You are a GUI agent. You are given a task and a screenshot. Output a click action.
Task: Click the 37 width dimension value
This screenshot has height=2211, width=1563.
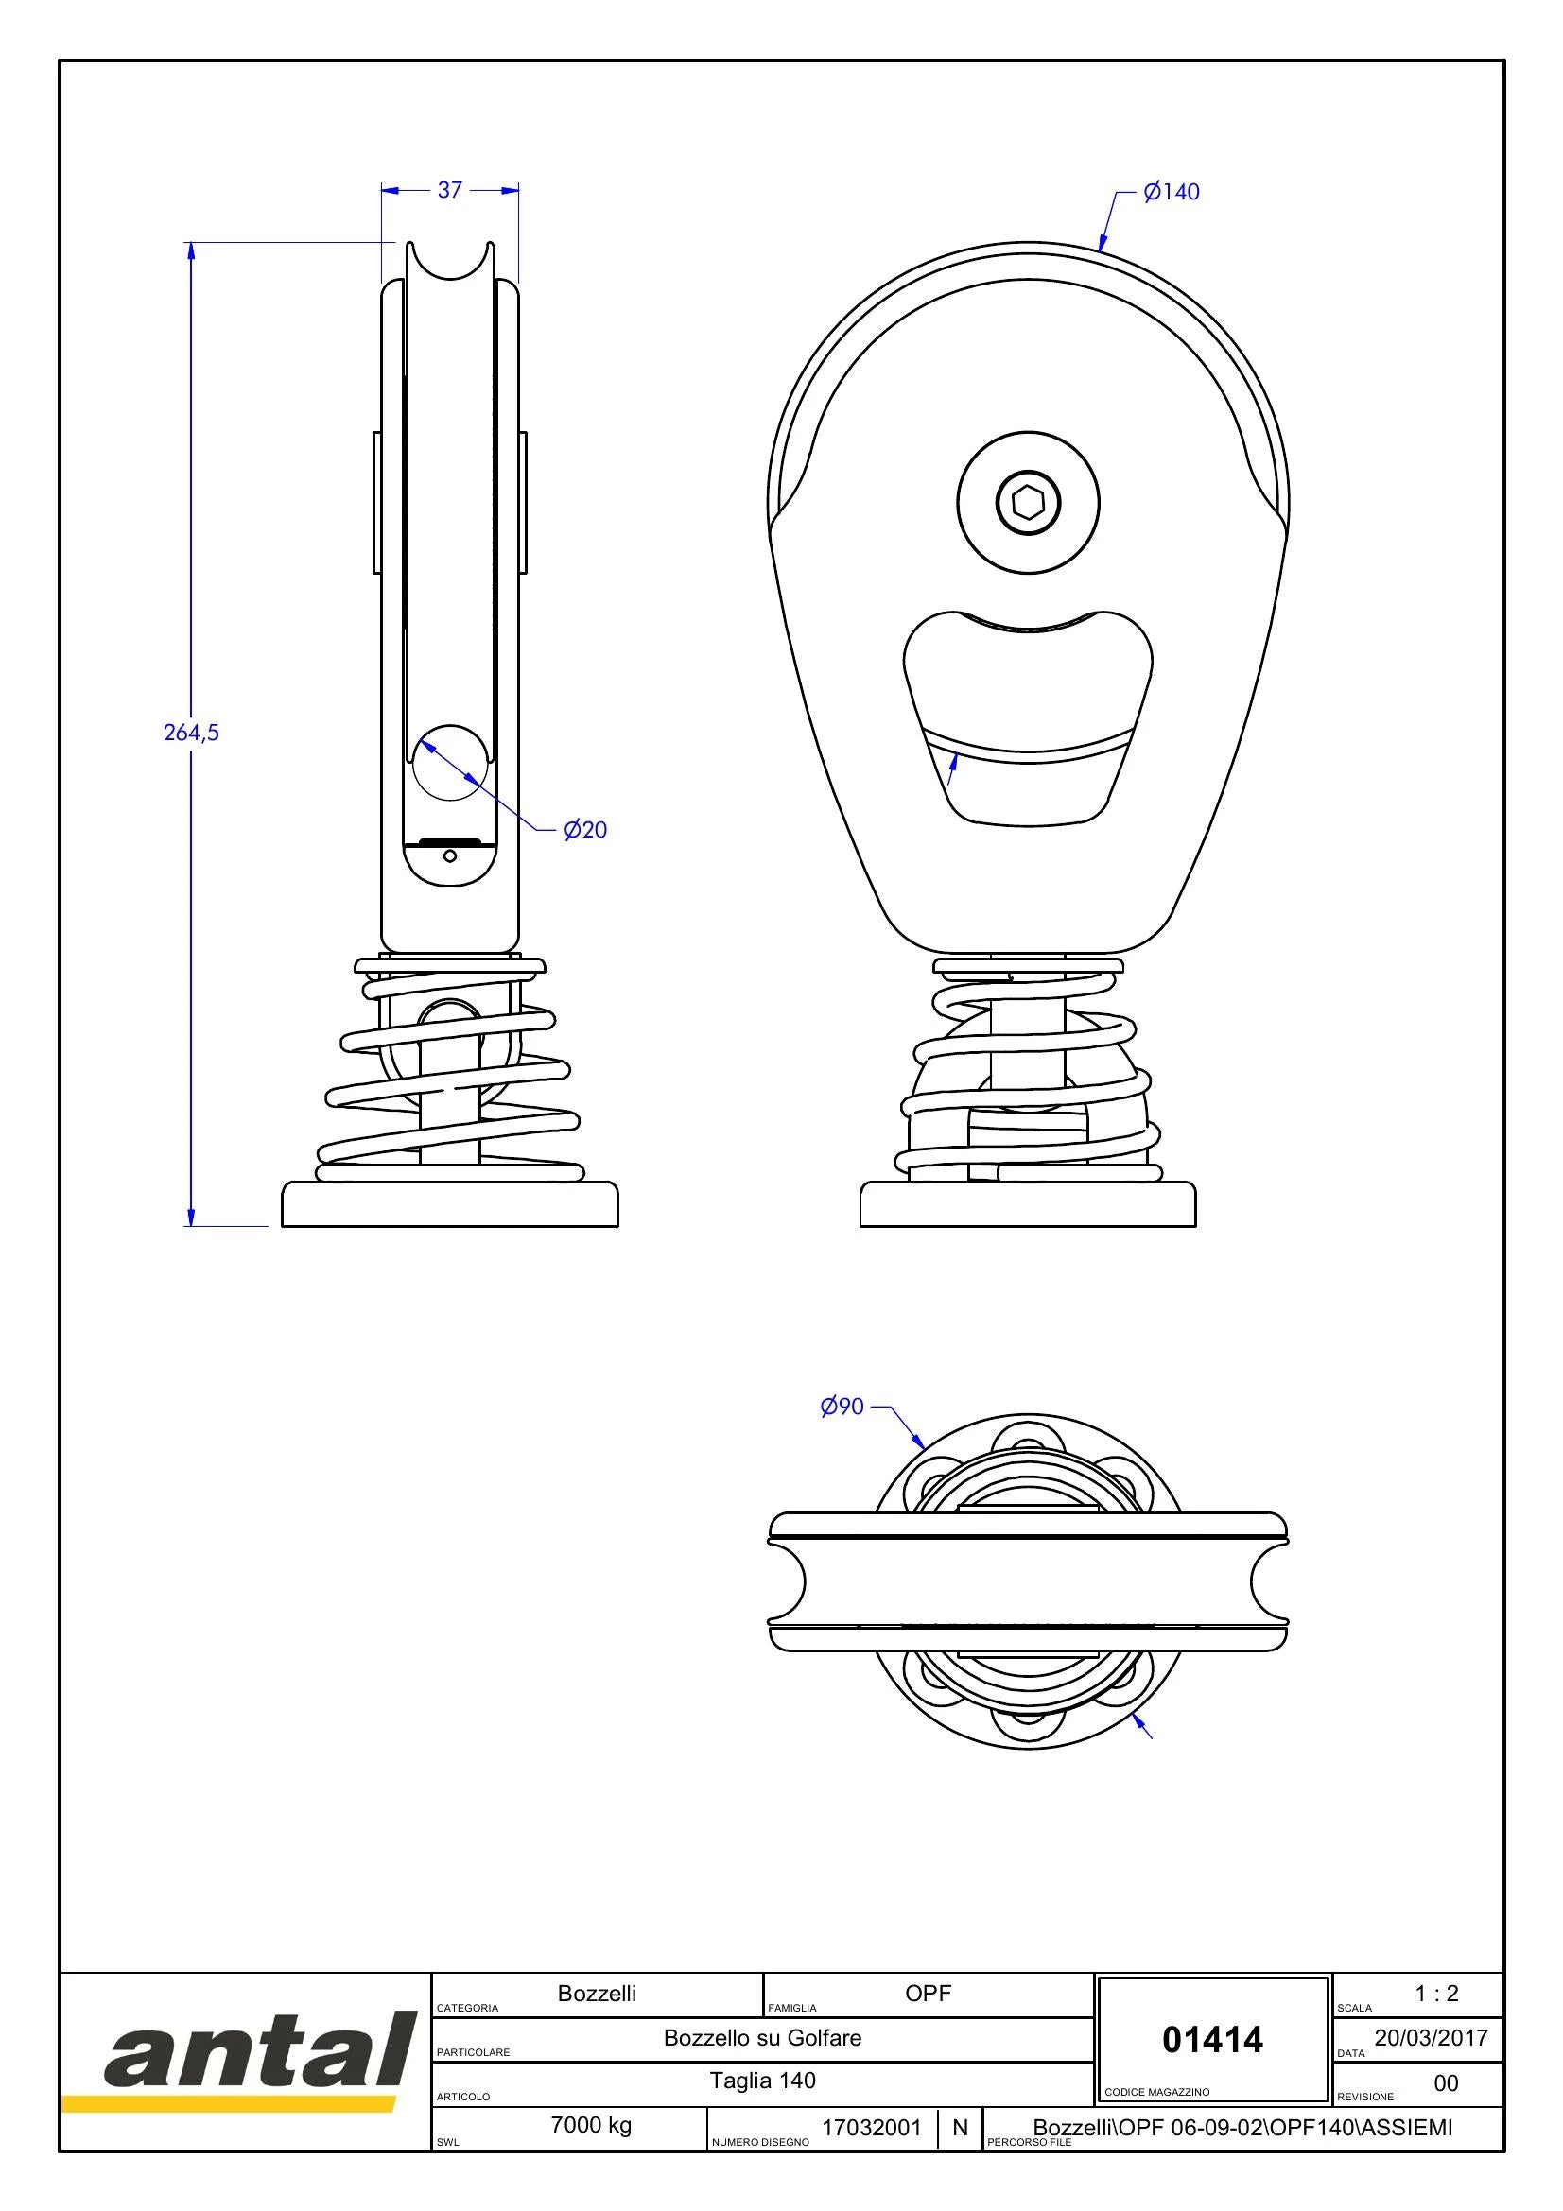[x=450, y=190]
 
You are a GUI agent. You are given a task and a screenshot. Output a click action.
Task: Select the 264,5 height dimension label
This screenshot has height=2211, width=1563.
[x=192, y=732]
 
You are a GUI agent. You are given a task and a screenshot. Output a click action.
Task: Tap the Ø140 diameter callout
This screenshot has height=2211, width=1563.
[x=1171, y=192]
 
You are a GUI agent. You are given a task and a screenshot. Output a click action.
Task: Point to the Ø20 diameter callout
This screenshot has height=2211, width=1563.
[x=585, y=829]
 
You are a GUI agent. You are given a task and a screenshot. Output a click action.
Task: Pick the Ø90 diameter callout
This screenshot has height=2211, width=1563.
[x=842, y=1407]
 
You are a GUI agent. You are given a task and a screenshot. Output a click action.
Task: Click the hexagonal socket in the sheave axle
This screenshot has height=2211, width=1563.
[x=1028, y=502]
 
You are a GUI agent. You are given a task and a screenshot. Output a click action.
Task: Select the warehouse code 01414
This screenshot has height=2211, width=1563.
[x=1212, y=2040]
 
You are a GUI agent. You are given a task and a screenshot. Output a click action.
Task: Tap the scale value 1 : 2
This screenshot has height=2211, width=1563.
[x=1437, y=1994]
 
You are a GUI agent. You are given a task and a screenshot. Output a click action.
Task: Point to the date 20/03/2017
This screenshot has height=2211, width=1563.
[x=1431, y=2038]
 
